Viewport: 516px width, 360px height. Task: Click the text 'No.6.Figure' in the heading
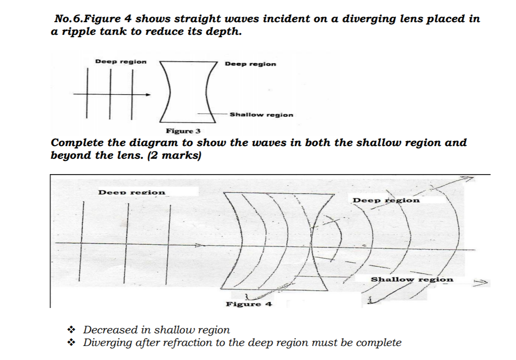84,19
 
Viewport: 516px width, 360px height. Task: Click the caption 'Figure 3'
183,131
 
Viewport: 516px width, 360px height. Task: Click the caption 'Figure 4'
249,304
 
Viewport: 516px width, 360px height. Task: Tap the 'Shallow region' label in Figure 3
261,115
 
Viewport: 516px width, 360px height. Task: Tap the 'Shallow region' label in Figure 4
412,279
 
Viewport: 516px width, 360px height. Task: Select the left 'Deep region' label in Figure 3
121,62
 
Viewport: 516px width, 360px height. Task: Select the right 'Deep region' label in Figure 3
250,64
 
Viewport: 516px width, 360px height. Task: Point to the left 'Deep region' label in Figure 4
132,192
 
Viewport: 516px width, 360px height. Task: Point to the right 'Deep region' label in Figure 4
386,200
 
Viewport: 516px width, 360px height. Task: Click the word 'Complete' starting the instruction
77,143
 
